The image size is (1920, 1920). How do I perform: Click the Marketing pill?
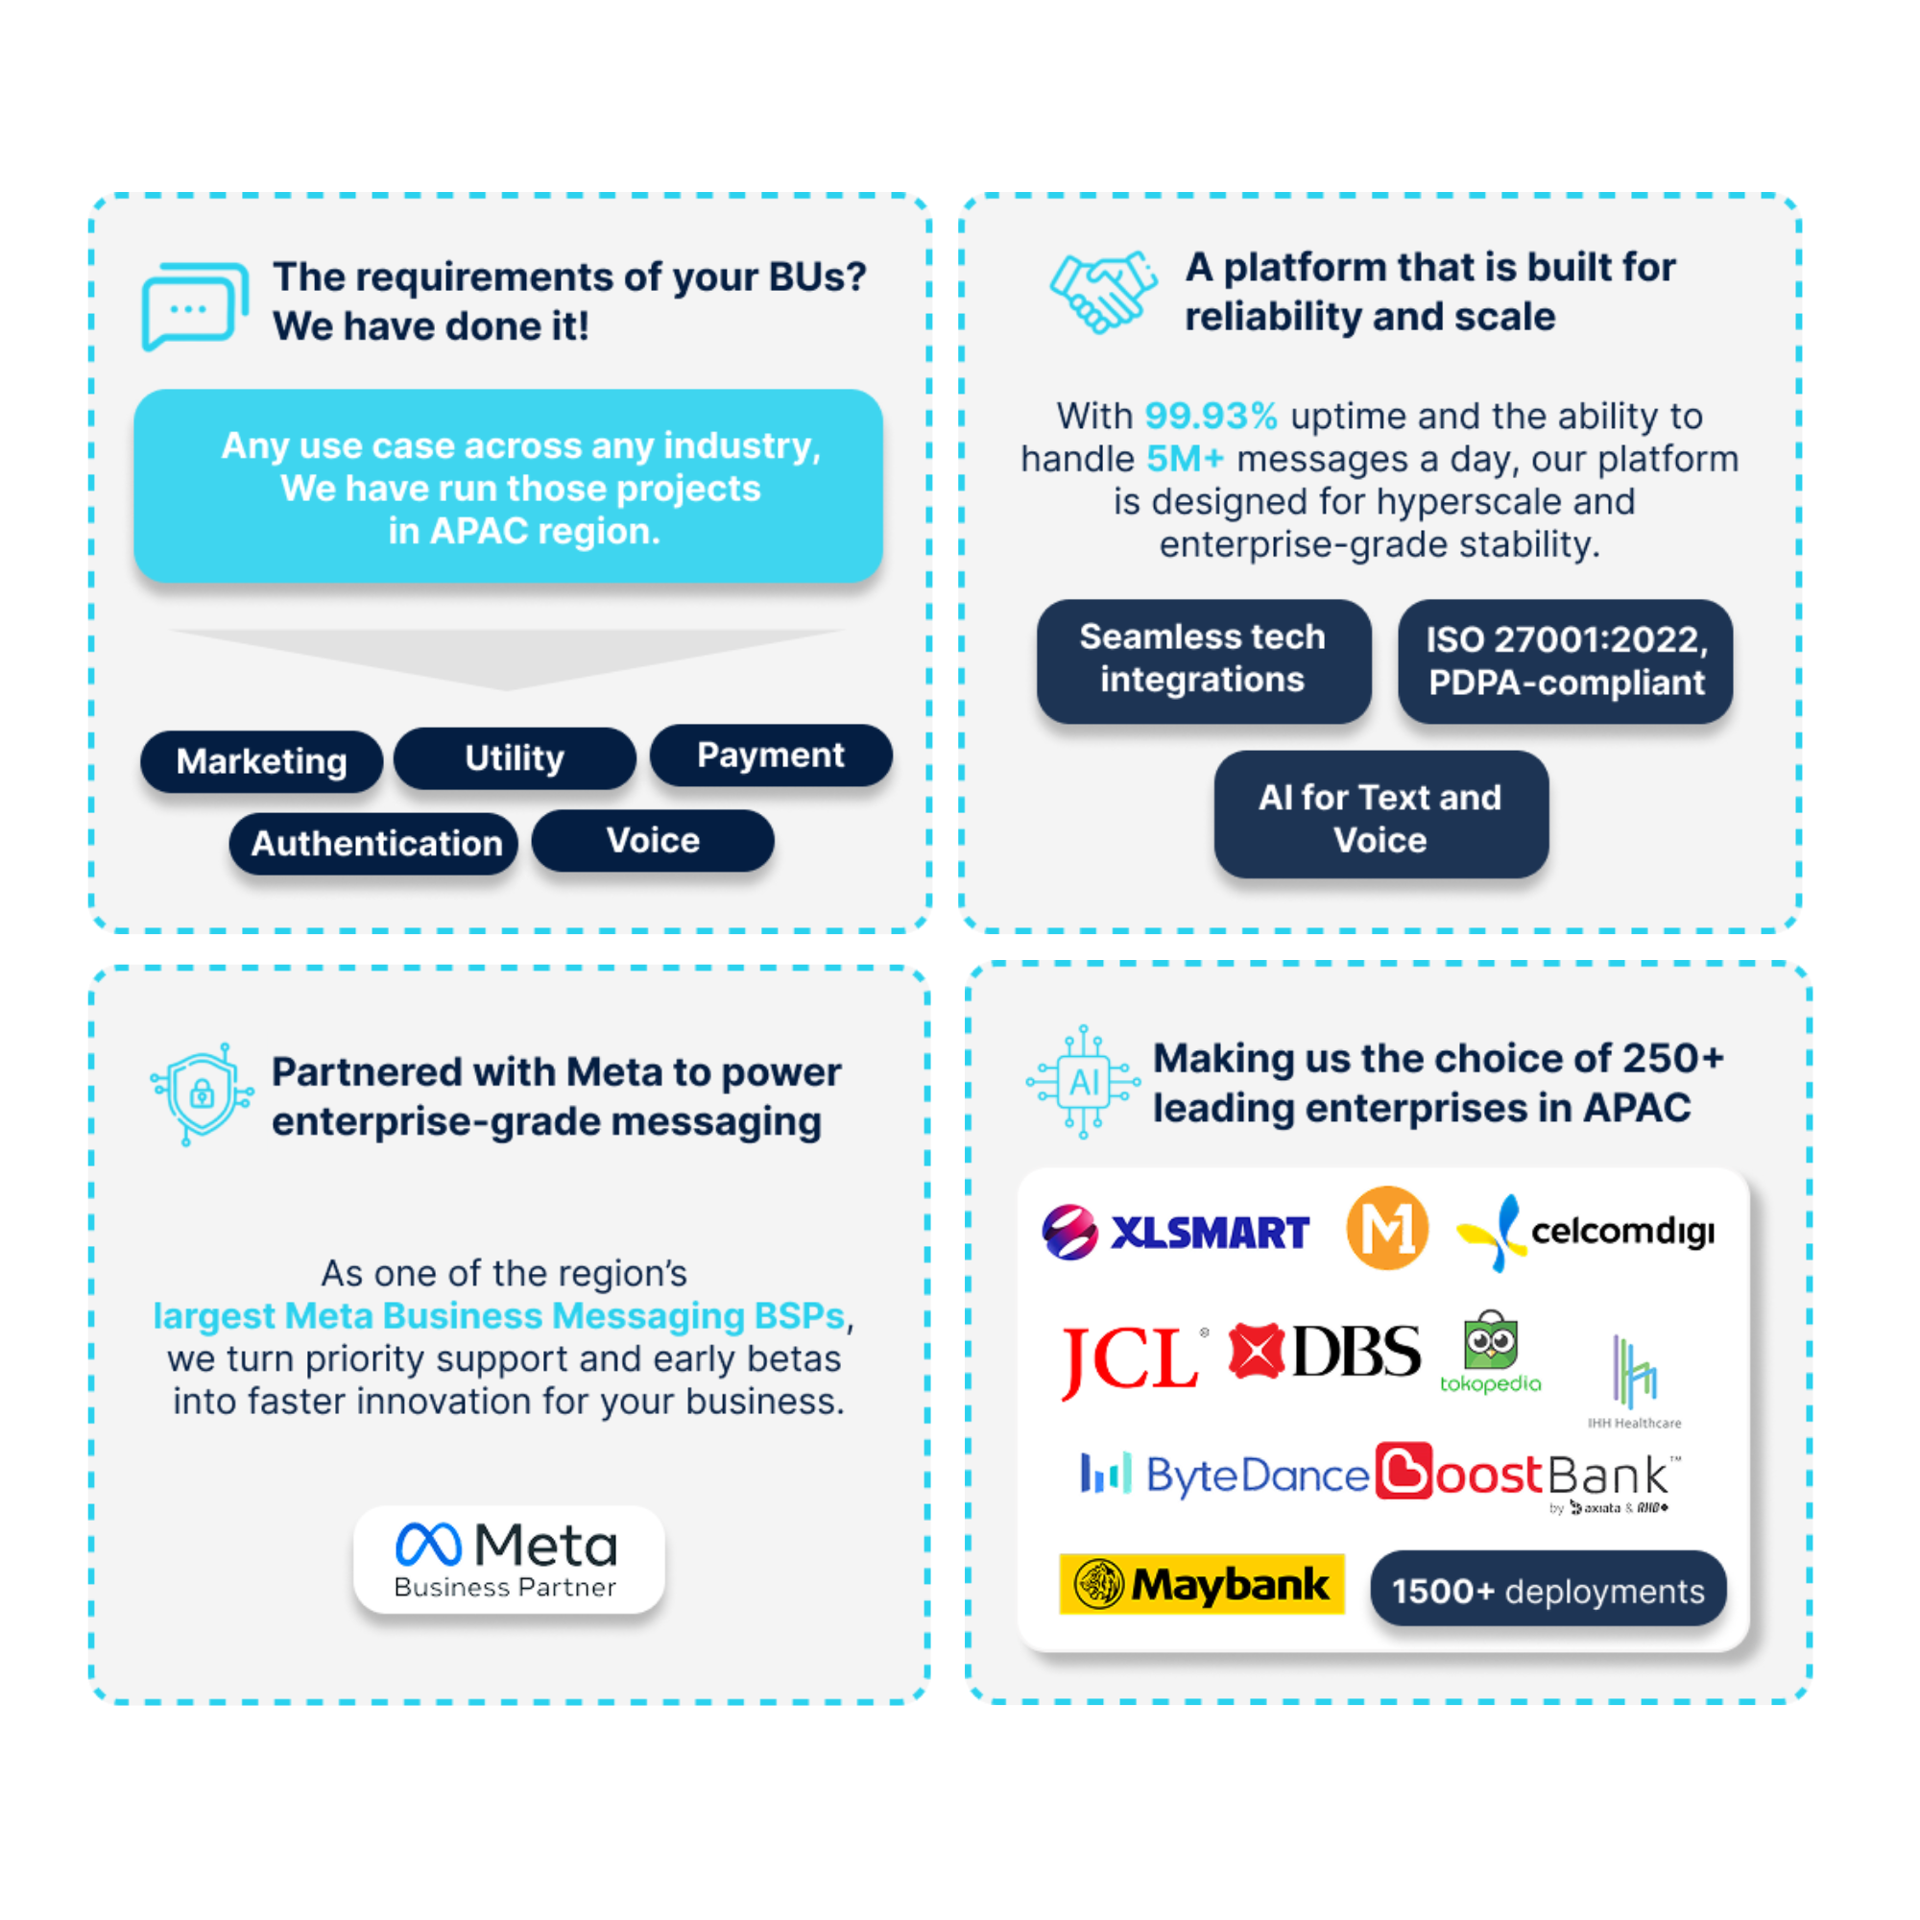pos(261,761)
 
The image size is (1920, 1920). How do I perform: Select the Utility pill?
pos(514,758)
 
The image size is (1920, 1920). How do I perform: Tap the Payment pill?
pos(770,756)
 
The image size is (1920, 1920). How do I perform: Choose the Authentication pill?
pos(374,843)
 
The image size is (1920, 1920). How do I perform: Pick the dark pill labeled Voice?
pos(653,841)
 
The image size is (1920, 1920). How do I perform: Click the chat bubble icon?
pos(194,305)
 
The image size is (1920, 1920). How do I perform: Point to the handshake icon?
pos(1103,291)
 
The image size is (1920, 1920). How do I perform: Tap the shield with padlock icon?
pos(202,1093)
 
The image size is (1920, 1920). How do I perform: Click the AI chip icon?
pos(1082,1081)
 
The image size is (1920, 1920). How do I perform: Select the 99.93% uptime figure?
pos(1211,417)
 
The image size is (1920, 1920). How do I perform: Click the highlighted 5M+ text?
pos(1185,459)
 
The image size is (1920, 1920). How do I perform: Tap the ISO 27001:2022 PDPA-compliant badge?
pos(1565,660)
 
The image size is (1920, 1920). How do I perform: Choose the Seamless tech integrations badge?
pos(1203,659)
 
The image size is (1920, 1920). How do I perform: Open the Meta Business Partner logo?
pos(508,1559)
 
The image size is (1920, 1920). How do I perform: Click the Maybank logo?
pos(1201,1583)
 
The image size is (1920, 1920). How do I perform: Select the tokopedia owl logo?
pos(1490,1352)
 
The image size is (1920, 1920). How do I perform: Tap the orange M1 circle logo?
pos(1387,1229)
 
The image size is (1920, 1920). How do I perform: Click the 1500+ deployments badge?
pos(1548,1590)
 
